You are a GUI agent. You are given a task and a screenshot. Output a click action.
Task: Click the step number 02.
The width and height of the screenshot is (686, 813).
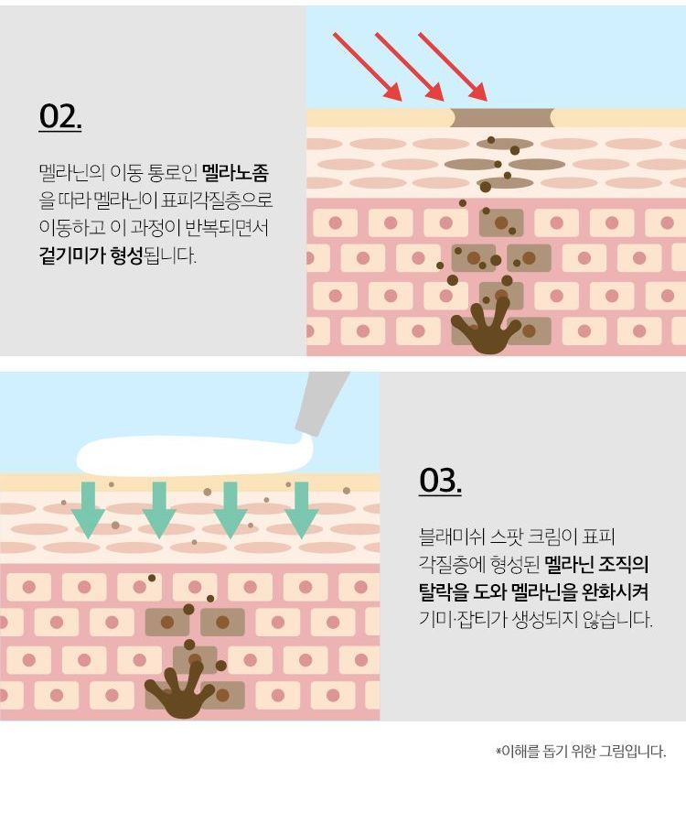pos(60,116)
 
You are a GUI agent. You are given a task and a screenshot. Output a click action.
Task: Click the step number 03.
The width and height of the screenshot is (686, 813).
pos(440,480)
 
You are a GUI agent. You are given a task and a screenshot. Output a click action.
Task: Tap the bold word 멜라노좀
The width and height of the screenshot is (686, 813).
pos(235,173)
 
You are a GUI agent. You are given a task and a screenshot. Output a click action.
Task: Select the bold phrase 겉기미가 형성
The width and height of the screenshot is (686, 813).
pos(91,255)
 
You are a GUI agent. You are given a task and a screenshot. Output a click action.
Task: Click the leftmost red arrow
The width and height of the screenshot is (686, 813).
pos(368,66)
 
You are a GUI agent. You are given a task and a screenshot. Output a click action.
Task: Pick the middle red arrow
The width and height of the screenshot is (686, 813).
pos(410,66)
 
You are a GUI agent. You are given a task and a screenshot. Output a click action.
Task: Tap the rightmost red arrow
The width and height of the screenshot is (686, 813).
pos(453,66)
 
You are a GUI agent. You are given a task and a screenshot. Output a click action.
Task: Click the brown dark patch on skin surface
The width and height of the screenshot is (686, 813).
pos(502,118)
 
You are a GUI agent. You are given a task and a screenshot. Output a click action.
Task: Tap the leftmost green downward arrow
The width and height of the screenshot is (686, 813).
pos(89,510)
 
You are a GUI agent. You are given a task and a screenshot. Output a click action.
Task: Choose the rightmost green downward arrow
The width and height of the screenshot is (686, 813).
pos(302,510)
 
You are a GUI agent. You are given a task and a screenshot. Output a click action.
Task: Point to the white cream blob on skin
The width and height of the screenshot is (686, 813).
pos(194,456)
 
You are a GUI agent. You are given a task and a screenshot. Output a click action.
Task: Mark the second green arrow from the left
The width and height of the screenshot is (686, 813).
pos(159,510)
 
